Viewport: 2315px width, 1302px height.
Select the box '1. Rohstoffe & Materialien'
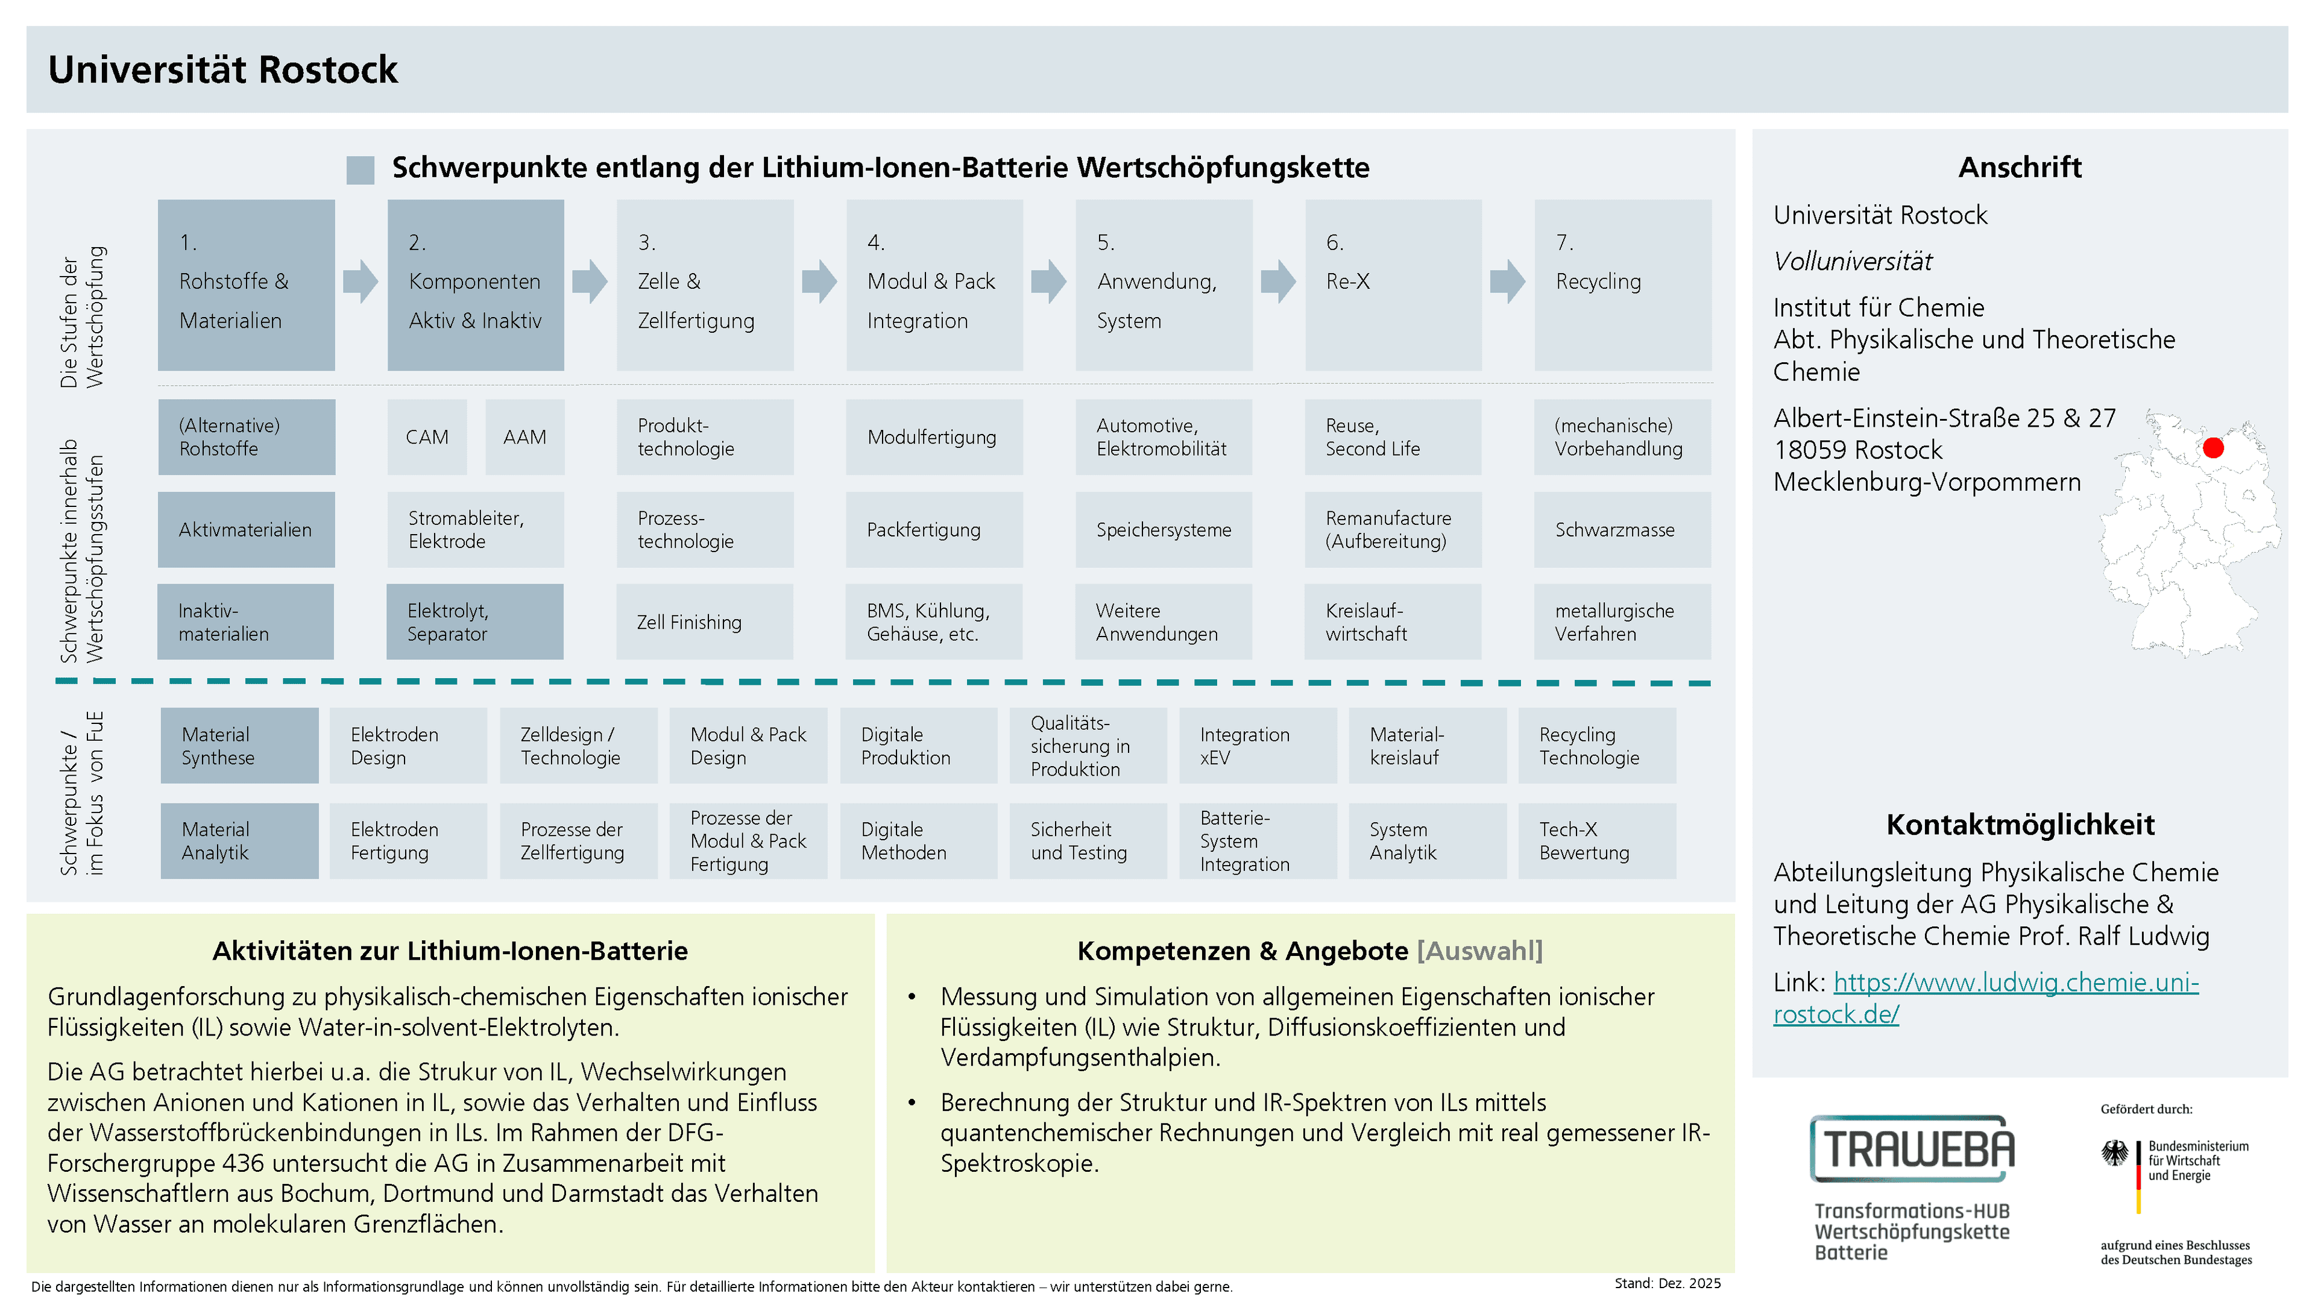246,285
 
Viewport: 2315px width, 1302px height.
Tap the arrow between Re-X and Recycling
1507,281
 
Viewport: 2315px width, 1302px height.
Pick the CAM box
427,436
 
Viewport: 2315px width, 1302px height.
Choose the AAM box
525,436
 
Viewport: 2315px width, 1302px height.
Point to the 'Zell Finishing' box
705,622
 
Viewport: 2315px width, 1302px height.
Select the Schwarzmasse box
1622,529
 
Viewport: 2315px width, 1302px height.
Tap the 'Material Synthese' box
239,746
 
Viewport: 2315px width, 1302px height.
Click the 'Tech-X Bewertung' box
1597,841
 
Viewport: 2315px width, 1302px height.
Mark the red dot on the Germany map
2214,447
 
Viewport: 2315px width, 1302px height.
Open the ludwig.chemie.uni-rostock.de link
1985,998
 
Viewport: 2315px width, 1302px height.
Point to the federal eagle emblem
2115,1153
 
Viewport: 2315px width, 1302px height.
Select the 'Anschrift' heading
2020,167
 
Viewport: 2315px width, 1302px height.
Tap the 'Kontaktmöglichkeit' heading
2020,824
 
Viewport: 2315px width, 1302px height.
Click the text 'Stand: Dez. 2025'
1667,1283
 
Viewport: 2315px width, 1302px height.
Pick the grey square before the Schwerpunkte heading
361,170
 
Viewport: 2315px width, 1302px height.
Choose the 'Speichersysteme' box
1164,529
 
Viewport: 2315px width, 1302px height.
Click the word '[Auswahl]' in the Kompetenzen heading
1480,951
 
